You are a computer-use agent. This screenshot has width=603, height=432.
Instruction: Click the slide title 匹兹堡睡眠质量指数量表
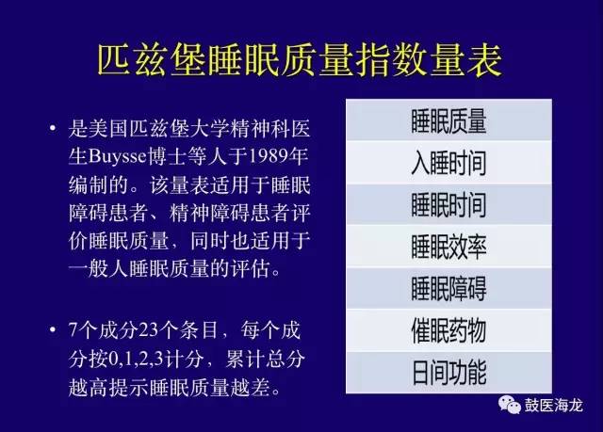pos(301,57)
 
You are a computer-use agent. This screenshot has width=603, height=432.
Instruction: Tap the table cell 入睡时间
pos(448,164)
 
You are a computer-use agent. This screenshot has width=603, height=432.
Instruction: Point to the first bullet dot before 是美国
pos(52,128)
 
